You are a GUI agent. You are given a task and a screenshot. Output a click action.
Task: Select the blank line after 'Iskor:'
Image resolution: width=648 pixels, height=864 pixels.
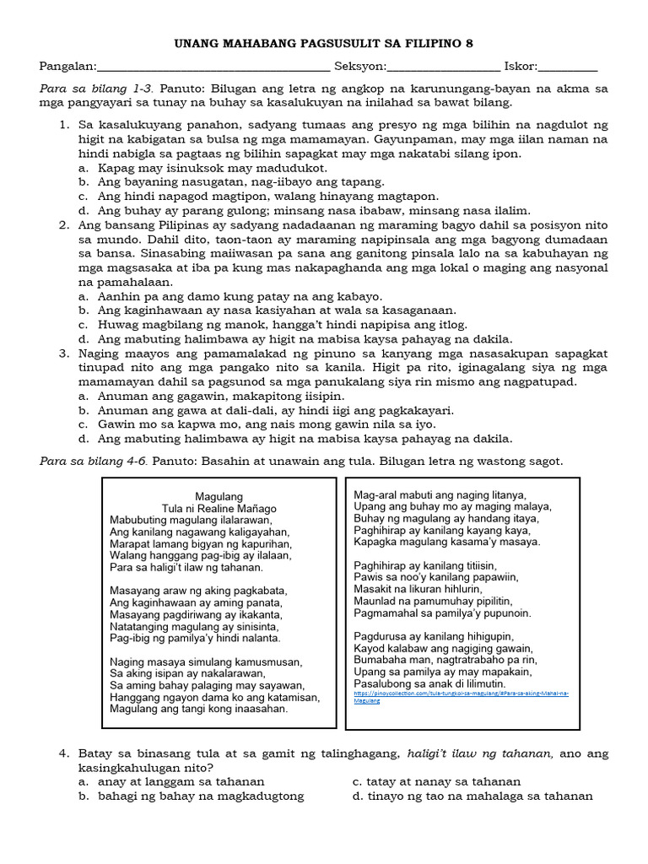point(567,67)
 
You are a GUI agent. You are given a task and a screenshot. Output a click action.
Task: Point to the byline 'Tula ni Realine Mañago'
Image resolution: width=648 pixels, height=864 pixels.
point(219,509)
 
